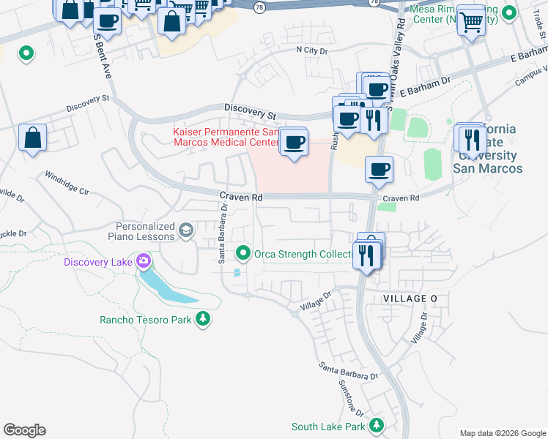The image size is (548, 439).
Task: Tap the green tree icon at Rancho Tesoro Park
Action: (x=203, y=319)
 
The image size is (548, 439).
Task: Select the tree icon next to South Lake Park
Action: (x=376, y=426)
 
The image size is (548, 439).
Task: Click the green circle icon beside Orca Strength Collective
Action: (x=243, y=254)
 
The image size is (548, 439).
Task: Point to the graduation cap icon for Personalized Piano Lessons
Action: (x=186, y=231)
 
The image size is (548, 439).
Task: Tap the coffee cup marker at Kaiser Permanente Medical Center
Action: (x=294, y=142)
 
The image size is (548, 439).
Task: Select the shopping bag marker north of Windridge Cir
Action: (x=33, y=138)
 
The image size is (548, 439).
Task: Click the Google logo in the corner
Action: (x=24, y=430)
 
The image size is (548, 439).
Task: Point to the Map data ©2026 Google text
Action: (x=502, y=433)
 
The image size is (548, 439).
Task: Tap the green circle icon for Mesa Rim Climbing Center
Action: (x=515, y=14)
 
